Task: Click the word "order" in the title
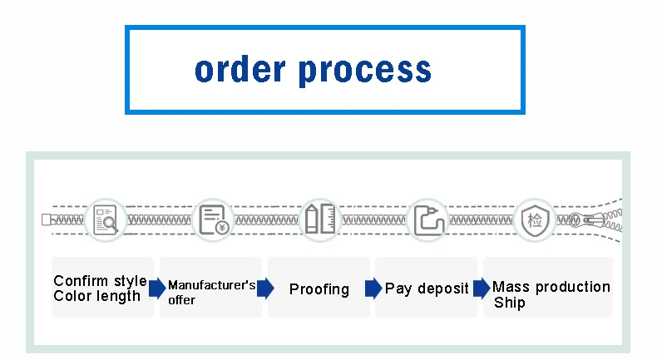[240, 70]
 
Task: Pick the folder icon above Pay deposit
[430, 220]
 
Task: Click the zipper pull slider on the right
[590, 219]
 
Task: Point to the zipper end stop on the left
[47, 220]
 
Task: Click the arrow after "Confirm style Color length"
[156, 288]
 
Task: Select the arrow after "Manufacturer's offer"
[265, 288]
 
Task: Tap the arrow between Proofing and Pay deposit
[373, 288]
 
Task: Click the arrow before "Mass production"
[482, 288]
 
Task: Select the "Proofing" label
[319, 289]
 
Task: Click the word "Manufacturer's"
[211, 285]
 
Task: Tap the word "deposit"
[443, 289]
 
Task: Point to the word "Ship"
[509, 303]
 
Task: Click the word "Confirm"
[82, 281]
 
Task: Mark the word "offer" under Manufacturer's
[181, 299]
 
